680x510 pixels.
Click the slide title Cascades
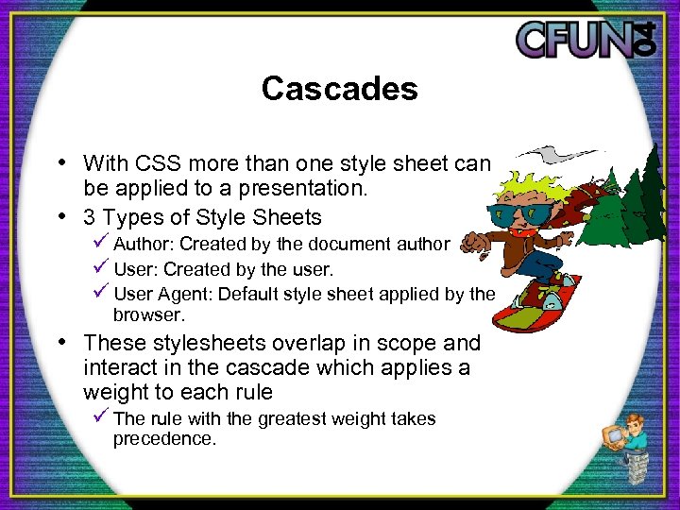coord(339,89)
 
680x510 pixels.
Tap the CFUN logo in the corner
coord(585,40)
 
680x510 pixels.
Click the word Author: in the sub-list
coord(144,244)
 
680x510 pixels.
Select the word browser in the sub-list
coord(146,314)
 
